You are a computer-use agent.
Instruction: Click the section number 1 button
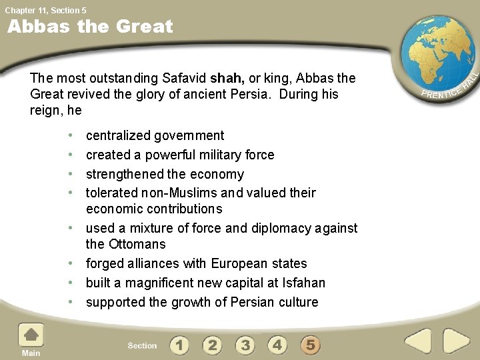(179, 345)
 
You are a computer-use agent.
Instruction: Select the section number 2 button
(212, 345)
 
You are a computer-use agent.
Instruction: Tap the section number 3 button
(245, 345)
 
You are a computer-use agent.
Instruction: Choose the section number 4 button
(277, 345)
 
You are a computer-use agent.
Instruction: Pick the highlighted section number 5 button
(310, 345)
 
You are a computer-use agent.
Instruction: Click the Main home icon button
(31, 337)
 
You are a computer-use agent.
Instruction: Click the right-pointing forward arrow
(457, 341)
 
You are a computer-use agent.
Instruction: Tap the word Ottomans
(136, 244)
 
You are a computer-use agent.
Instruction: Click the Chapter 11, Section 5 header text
(45, 10)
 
